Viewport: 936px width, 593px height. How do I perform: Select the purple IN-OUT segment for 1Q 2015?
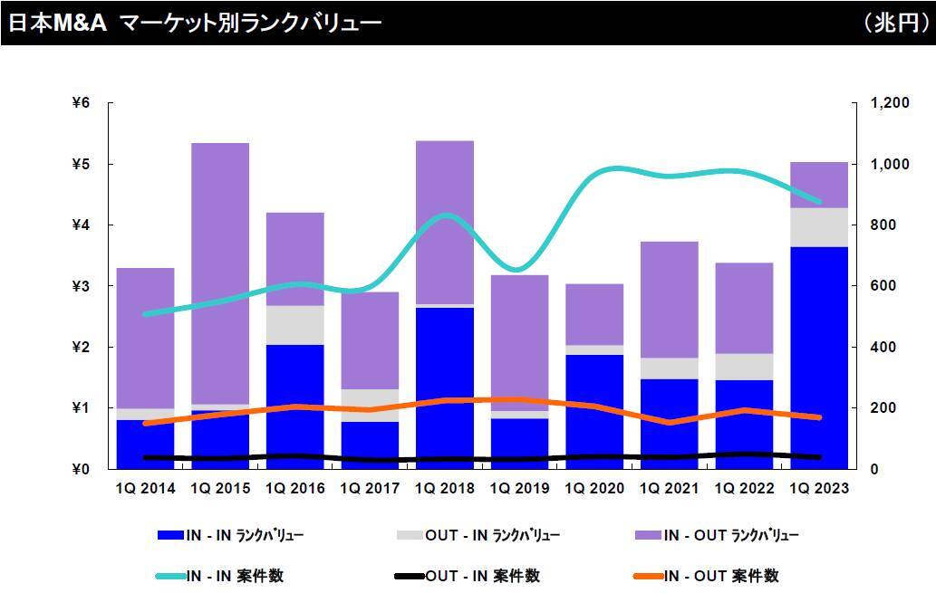click(220, 272)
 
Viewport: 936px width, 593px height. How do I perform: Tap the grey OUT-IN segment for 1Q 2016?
click(294, 325)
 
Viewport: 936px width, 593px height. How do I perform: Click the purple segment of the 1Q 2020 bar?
click(594, 314)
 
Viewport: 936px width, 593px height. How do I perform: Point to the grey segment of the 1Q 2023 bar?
click(819, 227)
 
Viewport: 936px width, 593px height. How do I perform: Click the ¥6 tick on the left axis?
click(81, 103)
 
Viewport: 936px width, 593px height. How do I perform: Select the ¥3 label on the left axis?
click(81, 286)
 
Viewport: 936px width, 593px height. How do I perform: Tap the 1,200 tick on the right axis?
click(888, 103)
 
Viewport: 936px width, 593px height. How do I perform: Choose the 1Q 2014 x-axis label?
click(145, 489)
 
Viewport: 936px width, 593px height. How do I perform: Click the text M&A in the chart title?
click(79, 23)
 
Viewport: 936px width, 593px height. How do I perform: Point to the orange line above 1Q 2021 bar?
click(670, 422)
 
